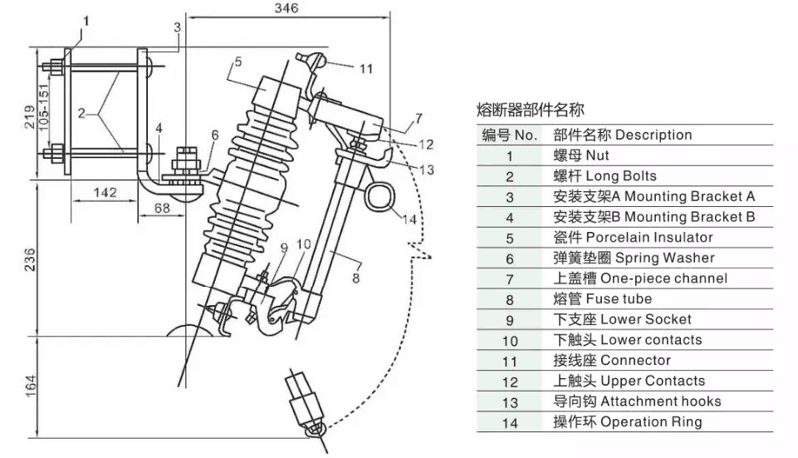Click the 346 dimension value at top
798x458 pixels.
286,8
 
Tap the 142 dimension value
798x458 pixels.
104,192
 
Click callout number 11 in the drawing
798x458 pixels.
365,69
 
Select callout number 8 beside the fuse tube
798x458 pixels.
355,278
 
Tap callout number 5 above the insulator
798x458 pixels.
237,62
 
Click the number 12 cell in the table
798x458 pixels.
510,382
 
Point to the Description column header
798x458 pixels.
622,135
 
